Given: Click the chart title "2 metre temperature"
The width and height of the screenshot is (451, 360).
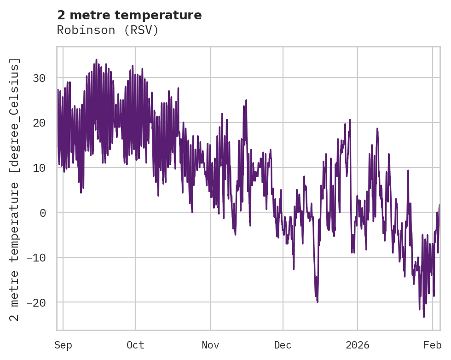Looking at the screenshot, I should click(129, 15).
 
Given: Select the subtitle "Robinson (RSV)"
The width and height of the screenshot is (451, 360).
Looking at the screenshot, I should click(108, 30).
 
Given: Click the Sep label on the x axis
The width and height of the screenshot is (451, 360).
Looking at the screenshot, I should click(63, 345).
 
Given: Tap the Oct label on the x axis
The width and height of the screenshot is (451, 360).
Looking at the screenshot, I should click(135, 345).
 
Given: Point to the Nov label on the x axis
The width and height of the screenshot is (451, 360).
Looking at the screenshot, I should click(210, 345).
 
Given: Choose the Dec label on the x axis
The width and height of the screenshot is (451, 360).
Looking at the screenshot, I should click(283, 345).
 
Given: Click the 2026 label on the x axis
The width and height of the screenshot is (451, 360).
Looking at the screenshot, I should click(358, 345).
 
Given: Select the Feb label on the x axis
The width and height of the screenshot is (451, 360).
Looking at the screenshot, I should click(433, 345).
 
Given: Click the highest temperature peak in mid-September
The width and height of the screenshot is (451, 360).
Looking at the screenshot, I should click(96, 60).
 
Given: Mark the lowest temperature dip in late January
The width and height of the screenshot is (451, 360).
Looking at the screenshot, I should click(423, 317).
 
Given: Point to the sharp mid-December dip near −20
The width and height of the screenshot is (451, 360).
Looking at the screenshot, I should click(318, 302).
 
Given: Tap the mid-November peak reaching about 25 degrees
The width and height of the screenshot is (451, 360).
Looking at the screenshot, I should click(246, 100).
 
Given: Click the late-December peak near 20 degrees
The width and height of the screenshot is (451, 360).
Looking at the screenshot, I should click(350, 120).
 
